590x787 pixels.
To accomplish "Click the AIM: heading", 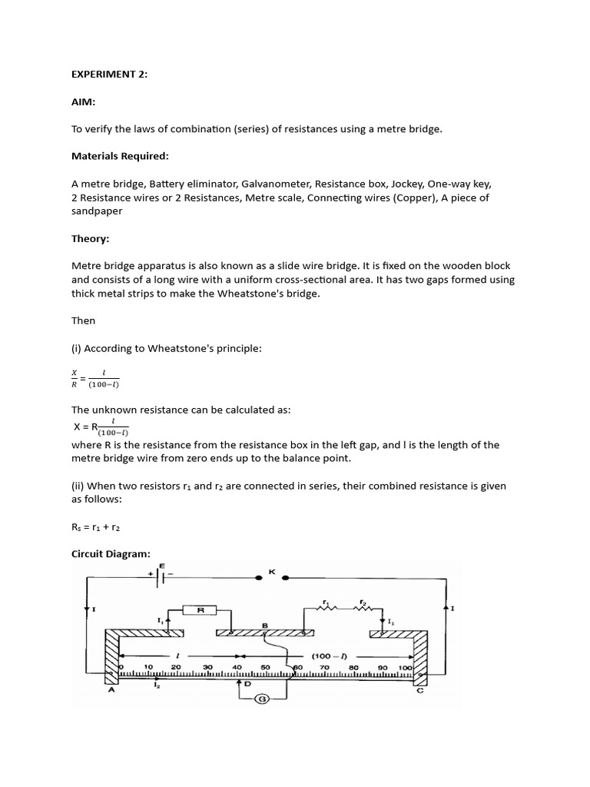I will pos(84,102).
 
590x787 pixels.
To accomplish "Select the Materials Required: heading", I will pos(119,156).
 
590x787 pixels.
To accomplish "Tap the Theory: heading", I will pos(91,239).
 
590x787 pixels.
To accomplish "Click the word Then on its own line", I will pos(85,320).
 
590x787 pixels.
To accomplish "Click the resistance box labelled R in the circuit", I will pos(201,609).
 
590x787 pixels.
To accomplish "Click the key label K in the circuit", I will pos(271,571).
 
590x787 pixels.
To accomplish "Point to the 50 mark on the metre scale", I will pos(265,667).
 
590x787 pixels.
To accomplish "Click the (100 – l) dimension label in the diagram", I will pos(327,656).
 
